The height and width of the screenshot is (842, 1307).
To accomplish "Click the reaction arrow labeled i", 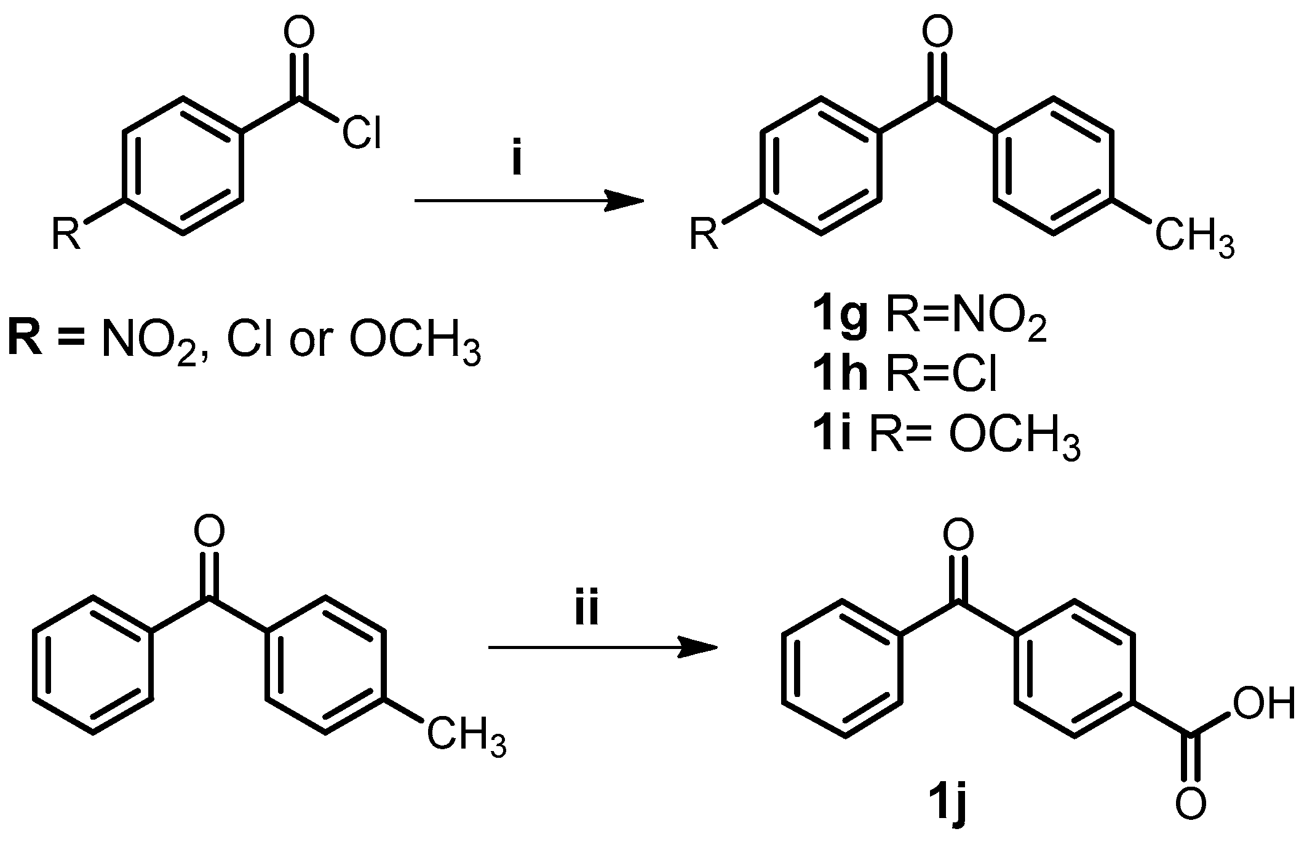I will (529, 200).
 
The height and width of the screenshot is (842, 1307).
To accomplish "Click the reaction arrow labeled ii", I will (603, 647).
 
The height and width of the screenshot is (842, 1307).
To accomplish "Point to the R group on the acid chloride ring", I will (66, 234).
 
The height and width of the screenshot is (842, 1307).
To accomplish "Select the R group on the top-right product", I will (704, 234).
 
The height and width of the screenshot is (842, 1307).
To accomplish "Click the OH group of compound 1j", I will (1264, 704).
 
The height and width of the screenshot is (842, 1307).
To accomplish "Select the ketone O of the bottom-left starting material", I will (209, 532).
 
